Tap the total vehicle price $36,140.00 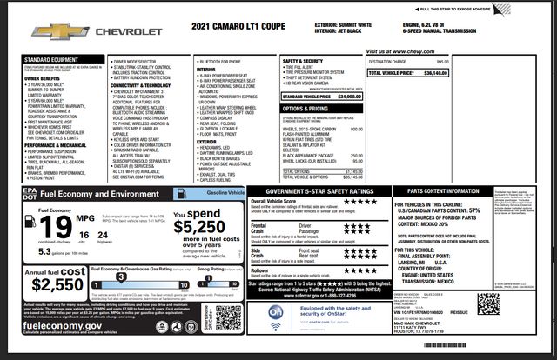click(x=430, y=74)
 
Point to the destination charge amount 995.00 click(x=442, y=62)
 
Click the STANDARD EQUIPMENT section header click(x=49, y=59)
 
